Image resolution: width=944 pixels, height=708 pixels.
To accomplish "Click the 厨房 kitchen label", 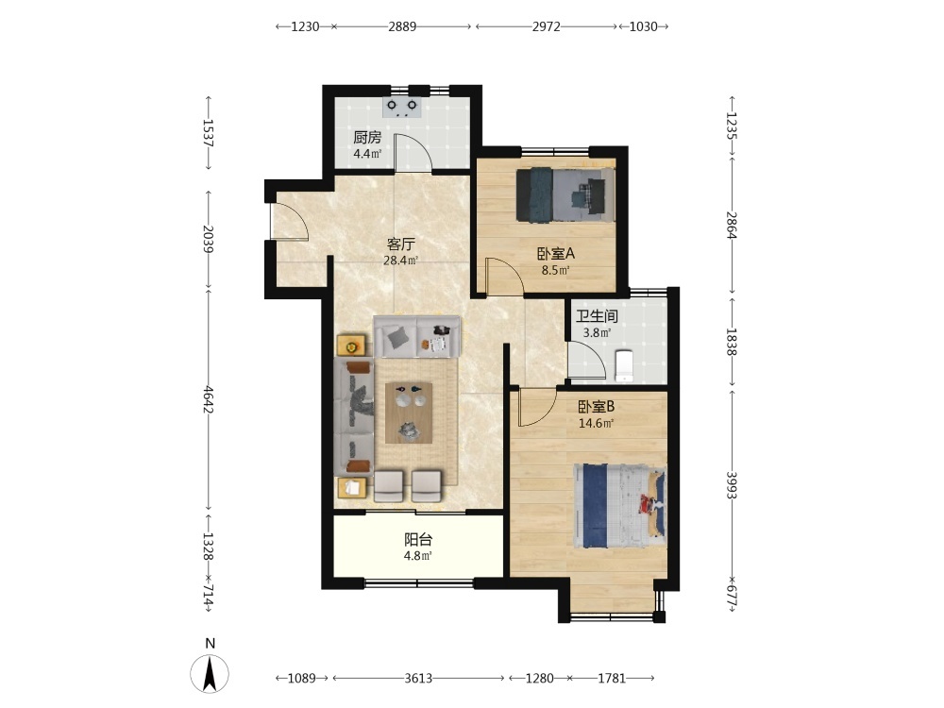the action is (x=367, y=137).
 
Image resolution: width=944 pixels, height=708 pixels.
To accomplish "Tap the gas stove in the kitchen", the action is (x=402, y=108).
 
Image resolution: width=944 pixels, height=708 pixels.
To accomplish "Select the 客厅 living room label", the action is (x=401, y=244).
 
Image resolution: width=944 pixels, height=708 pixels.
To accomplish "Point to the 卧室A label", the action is (x=556, y=253).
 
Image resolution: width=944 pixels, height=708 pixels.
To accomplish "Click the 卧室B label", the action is (x=596, y=407).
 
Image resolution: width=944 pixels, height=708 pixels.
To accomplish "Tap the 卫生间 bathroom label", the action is (x=597, y=316).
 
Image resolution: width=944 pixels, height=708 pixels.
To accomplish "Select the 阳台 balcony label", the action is (x=418, y=539).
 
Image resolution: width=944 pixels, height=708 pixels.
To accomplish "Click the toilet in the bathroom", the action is (x=625, y=364).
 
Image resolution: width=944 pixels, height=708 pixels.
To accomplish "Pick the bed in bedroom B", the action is (x=621, y=506).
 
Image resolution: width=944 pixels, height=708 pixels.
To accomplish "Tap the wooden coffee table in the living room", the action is (x=409, y=413).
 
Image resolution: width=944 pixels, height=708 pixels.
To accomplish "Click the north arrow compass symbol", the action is (x=210, y=673).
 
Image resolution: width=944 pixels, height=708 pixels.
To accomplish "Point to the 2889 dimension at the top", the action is (x=402, y=26).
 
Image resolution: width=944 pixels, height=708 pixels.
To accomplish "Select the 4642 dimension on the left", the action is (x=209, y=399).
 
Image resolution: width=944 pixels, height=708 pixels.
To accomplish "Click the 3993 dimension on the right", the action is (x=731, y=484).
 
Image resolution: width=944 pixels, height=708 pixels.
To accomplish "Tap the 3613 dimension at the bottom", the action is (x=418, y=679).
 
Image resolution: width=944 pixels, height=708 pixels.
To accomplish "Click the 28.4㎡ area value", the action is (x=401, y=261).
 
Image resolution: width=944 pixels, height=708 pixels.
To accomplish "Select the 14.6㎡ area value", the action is (x=596, y=423).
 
